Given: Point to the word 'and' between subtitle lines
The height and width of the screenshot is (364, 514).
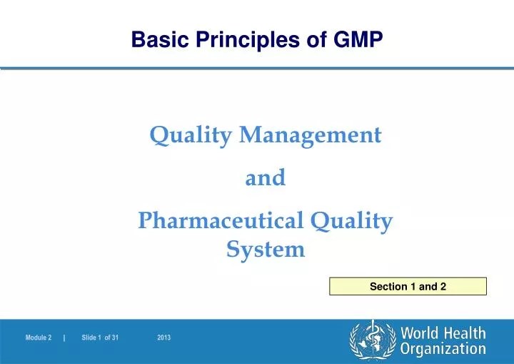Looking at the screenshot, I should pos(265,177).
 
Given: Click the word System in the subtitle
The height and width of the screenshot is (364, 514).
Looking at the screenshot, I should pos(266,250).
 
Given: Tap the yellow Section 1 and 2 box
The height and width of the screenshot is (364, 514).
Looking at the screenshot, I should pos(408,287).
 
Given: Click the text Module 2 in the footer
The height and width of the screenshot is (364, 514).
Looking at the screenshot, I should pos(39,337).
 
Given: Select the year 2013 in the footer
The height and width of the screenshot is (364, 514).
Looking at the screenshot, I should pos(163,337).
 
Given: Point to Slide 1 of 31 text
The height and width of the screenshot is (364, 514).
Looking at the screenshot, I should pos(100,337).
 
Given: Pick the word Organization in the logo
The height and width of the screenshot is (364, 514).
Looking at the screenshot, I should pos(443,349).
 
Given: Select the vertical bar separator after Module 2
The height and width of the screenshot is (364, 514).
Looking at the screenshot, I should pos(64,337).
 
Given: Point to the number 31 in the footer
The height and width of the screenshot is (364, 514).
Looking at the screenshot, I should pos(115,337).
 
